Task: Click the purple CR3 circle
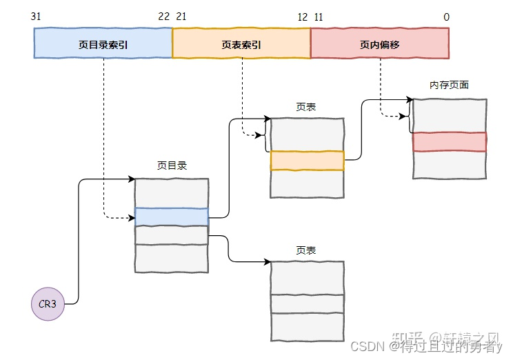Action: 48,304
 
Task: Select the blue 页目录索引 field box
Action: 103,43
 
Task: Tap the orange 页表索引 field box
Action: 241,43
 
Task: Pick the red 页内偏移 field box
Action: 380,43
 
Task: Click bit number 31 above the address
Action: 37,17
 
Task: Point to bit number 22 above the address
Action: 163,17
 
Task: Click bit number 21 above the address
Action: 181,17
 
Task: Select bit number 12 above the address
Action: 302,17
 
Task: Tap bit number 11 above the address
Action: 318,17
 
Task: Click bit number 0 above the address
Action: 446,17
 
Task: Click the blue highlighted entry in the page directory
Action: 171,217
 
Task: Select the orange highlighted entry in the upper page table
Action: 307,161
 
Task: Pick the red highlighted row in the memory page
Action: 450,141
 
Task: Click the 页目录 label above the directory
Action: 171,166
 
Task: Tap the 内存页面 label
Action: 449,85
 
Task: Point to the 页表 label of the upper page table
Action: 306,107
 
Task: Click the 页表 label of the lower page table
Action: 306,250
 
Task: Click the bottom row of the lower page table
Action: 307,328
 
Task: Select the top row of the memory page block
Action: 450,115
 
